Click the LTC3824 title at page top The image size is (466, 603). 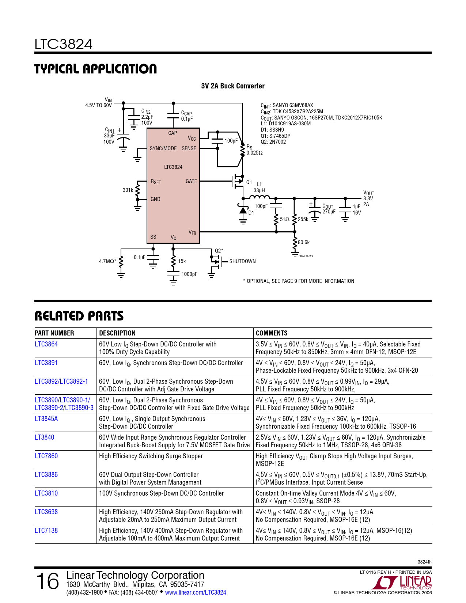click(x=63, y=45)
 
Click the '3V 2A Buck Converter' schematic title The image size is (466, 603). click(x=232, y=86)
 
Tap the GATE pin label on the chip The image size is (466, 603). click(x=191, y=181)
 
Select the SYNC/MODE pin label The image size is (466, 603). click(x=163, y=148)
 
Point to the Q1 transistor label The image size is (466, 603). click(x=249, y=182)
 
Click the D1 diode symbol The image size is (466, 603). click(x=243, y=211)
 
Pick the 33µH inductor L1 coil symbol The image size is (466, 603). click(x=259, y=197)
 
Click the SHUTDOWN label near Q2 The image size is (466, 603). click(x=242, y=261)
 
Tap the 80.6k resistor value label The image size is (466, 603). click(x=303, y=242)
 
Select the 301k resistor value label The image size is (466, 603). click(x=128, y=190)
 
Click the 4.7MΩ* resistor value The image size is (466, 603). click(x=107, y=261)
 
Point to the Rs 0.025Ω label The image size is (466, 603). click(x=254, y=150)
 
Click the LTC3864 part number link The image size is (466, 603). click(x=46, y=344)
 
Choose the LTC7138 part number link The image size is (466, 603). click(x=46, y=531)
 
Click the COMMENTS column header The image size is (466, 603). click(x=272, y=333)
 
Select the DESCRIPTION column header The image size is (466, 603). click(x=117, y=333)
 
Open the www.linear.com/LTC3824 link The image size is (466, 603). click(x=195, y=592)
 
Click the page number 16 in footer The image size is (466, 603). click(x=48, y=581)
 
